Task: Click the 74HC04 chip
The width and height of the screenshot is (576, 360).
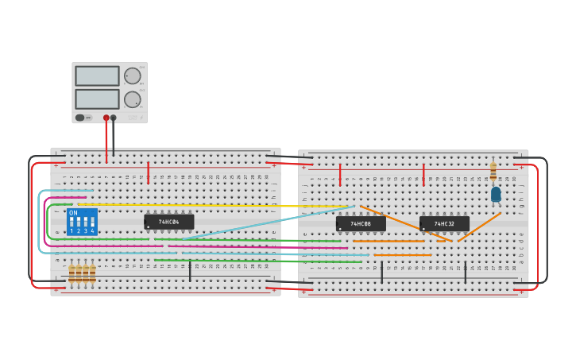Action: [168, 222]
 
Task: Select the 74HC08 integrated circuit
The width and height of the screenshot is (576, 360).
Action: [361, 224]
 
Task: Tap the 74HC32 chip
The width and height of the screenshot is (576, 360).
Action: [444, 224]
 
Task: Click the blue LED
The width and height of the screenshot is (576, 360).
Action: [496, 194]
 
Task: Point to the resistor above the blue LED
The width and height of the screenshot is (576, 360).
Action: [493, 170]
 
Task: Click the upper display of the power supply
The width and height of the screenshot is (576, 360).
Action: [97, 75]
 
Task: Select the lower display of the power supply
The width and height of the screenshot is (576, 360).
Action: [97, 99]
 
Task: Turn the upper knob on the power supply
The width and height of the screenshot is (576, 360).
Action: [132, 76]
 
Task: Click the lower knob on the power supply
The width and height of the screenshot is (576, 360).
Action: [132, 99]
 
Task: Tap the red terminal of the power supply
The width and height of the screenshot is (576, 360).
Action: [106, 118]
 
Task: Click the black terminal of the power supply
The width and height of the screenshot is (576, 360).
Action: [114, 118]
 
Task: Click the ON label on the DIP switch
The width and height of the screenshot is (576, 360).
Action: [73, 213]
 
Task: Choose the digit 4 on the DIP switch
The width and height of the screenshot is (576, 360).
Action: [93, 231]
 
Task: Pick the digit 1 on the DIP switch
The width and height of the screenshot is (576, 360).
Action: [72, 231]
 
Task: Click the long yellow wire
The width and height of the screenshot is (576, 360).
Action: [215, 205]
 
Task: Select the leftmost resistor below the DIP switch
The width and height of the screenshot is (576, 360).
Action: [72, 273]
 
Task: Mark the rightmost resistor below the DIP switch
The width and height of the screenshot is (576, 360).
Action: [92, 273]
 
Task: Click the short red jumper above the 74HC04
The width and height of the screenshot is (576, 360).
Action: [148, 172]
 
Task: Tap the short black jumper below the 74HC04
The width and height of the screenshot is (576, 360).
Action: [190, 272]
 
